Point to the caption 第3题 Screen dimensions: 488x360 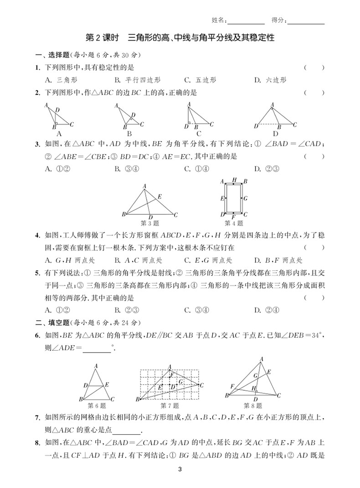tap(150, 223)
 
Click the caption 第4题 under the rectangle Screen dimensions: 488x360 tap(234, 223)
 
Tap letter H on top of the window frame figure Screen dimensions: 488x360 tap(234, 181)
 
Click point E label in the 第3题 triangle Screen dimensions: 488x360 tap(159, 197)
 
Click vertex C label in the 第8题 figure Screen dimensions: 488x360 tap(278, 395)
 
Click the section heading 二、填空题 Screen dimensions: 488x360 tap(51, 322)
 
